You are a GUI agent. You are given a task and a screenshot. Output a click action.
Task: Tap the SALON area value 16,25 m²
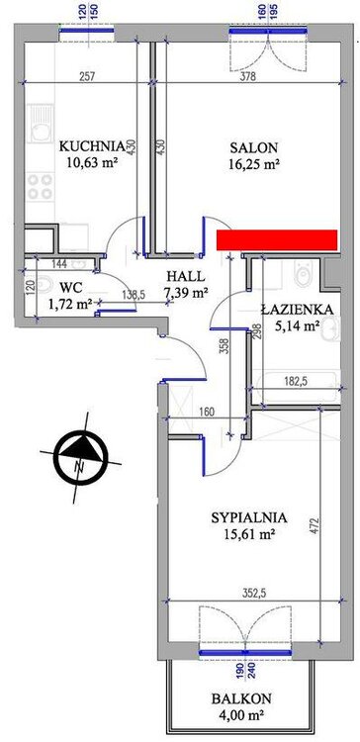coord(253,163)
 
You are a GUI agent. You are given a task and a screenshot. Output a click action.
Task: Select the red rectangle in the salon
coord(277,239)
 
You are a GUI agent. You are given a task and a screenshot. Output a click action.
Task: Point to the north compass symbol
coord(81,456)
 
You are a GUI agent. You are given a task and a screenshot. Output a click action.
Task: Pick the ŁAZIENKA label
coord(298,310)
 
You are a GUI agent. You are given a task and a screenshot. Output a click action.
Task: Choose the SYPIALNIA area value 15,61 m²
coord(249,534)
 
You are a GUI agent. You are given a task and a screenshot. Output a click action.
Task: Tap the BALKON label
coord(241,698)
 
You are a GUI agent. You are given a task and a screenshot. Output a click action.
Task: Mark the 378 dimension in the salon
coord(247,76)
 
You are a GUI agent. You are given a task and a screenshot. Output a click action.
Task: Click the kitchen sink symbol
coord(41,124)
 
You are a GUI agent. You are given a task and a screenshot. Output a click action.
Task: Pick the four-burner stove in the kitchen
coord(41,186)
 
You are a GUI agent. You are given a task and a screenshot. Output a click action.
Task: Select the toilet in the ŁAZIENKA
coord(302,272)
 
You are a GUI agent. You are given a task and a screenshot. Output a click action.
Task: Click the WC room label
coord(67,286)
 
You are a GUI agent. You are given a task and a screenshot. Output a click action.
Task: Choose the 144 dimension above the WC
coord(60,264)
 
